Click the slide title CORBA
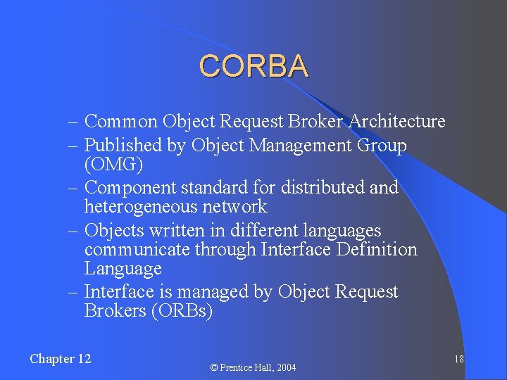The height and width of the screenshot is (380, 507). tap(254, 66)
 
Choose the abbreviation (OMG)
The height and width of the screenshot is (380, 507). tap(113, 165)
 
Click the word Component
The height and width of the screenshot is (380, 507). tap(130, 188)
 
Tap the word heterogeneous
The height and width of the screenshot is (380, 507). tap(141, 207)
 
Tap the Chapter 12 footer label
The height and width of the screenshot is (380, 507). tap(61, 359)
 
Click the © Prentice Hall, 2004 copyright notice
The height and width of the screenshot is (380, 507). tap(254, 367)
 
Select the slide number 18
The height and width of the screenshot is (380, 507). tap(458, 360)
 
